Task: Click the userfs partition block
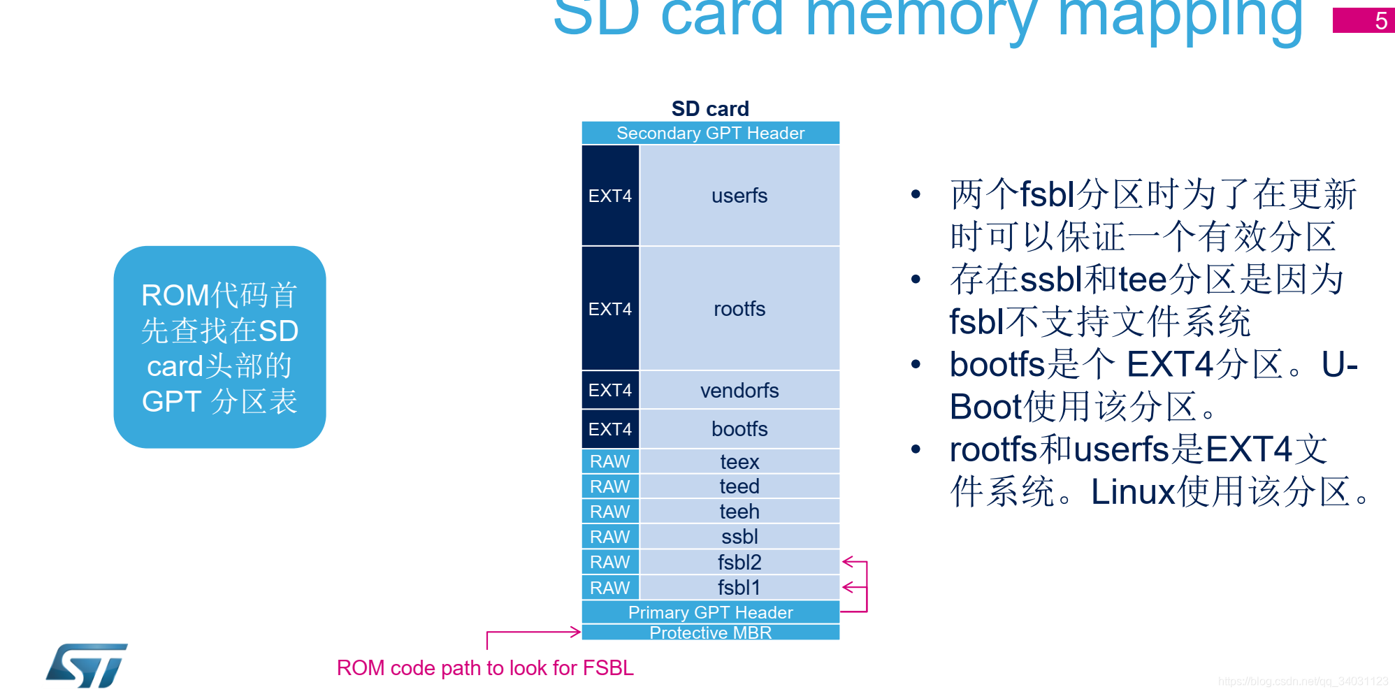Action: click(739, 196)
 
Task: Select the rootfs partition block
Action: click(739, 308)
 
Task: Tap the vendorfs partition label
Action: click(739, 390)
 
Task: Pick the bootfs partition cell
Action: click(739, 428)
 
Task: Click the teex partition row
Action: click(739, 461)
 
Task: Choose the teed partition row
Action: click(739, 486)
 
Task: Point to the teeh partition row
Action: click(739, 512)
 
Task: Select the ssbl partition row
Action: click(739, 537)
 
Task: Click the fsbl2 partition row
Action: click(739, 562)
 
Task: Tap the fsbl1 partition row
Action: click(739, 588)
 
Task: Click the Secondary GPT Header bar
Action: click(710, 133)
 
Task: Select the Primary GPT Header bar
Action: click(710, 612)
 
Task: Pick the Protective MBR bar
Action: click(710, 632)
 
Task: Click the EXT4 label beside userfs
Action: click(610, 196)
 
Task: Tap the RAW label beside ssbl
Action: click(610, 537)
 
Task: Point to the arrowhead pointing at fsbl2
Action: click(848, 562)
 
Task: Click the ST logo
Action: click(87, 665)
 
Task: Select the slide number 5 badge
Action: click(1363, 20)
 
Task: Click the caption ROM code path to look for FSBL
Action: click(485, 668)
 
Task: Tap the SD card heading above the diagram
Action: click(710, 108)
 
